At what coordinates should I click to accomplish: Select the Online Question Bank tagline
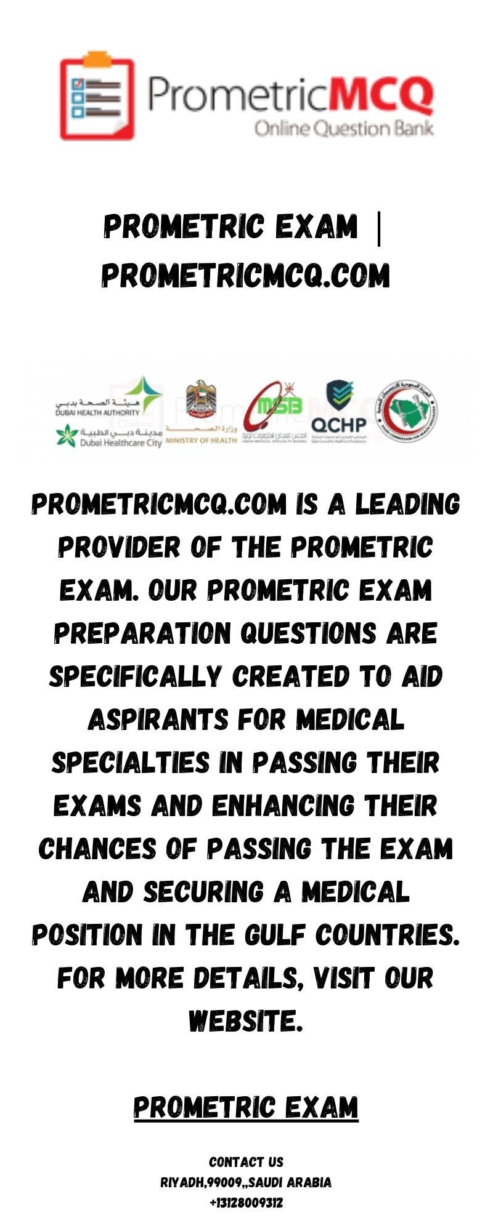pyautogui.click(x=343, y=129)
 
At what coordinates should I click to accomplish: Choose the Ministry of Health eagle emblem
pyautogui.click(x=201, y=400)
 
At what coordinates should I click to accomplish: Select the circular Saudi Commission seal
pyautogui.click(x=407, y=411)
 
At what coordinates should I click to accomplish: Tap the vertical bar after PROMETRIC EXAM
pyautogui.click(x=378, y=227)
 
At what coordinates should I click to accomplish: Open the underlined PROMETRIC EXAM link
pyautogui.click(x=246, y=1107)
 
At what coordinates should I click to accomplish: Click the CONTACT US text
pyautogui.click(x=246, y=1162)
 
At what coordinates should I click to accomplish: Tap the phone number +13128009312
pyautogui.click(x=246, y=1203)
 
